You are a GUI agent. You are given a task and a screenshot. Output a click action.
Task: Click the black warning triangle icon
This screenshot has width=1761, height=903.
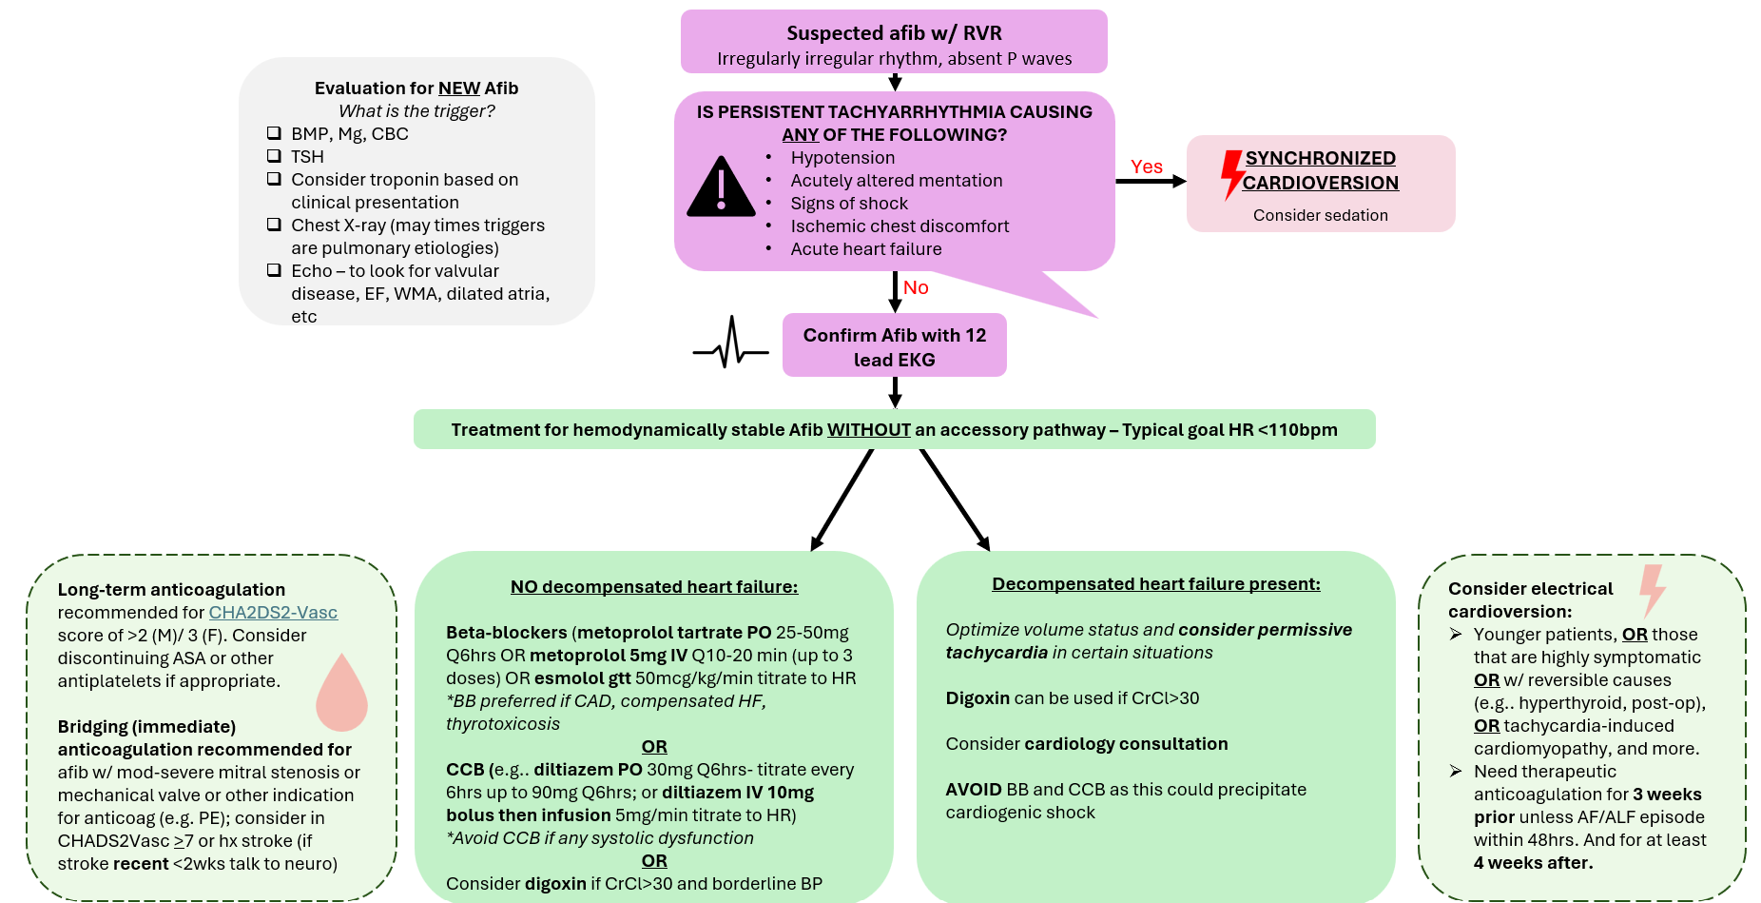pos(721,187)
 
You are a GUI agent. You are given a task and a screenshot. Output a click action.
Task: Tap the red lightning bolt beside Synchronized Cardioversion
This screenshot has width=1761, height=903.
pos(1232,174)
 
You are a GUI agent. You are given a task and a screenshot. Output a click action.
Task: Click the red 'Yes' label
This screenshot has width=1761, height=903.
pos(1146,167)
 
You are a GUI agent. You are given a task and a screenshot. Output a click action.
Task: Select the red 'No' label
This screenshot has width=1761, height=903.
pos(916,287)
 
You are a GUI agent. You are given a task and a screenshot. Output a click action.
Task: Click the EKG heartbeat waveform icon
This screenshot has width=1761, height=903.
pos(730,344)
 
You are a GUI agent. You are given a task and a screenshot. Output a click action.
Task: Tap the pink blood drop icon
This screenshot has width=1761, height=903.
pos(341,693)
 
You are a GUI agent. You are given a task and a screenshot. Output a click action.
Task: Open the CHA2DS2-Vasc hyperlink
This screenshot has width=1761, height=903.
pos(273,613)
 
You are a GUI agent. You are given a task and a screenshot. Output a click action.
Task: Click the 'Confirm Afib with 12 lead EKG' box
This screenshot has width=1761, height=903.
pos(894,346)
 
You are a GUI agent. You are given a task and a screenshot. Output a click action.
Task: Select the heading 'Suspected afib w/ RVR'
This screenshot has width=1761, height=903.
pos(894,33)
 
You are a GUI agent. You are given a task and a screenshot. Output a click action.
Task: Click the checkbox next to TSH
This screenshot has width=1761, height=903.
pos(274,156)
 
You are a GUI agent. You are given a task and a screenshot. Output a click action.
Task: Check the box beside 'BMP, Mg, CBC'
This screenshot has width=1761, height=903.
pos(274,133)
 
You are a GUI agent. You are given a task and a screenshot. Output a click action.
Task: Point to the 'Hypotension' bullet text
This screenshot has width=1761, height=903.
pos(842,158)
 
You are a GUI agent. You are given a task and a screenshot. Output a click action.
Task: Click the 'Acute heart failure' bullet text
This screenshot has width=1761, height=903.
pos(866,249)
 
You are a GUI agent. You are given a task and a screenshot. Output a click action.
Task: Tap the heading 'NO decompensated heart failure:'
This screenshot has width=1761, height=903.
pos(654,587)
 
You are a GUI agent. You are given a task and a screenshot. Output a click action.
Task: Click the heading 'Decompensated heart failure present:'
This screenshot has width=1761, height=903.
pos(1155,584)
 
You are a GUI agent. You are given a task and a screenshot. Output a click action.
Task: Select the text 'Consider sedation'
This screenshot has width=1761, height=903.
pos(1320,215)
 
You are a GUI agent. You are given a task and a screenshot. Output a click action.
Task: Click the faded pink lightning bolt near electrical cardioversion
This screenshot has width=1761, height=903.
pos(1653,590)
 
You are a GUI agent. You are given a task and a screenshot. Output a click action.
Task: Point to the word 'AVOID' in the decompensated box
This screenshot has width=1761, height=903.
pos(974,790)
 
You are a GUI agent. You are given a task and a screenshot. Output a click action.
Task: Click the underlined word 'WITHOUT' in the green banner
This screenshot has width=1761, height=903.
pos(868,430)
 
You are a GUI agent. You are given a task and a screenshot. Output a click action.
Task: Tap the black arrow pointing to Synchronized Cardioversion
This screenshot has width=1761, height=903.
pos(1151,181)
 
